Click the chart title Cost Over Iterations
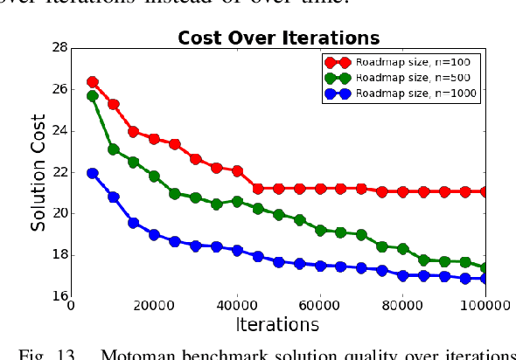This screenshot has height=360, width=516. pyautogui.click(x=278, y=38)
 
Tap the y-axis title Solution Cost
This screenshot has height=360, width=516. pyautogui.click(x=38, y=171)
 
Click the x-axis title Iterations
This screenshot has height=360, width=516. pyautogui.click(x=278, y=324)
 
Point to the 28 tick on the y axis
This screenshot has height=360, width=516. pyautogui.click(x=62, y=48)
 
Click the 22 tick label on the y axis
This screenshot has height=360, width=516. pyautogui.click(x=62, y=172)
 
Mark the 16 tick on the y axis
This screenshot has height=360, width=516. pyautogui.click(x=62, y=296)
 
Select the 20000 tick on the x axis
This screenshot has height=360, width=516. pyautogui.click(x=154, y=305)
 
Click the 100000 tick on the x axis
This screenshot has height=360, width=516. pyautogui.click(x=483, y=305)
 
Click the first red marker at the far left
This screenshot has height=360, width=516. pyautogui.click(x=93, y=82)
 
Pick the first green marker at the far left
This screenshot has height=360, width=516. pyautogui.click(x=93, y=96)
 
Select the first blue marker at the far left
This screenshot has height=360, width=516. pyautogui.click(x=93, y=174)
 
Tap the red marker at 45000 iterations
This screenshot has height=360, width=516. pyautogui.click(x=258, y=189)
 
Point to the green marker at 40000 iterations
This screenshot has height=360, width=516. pyautogui.click(x=237, y=202)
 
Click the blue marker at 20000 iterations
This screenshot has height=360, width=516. pyautogui.click(x=154, y=235)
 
